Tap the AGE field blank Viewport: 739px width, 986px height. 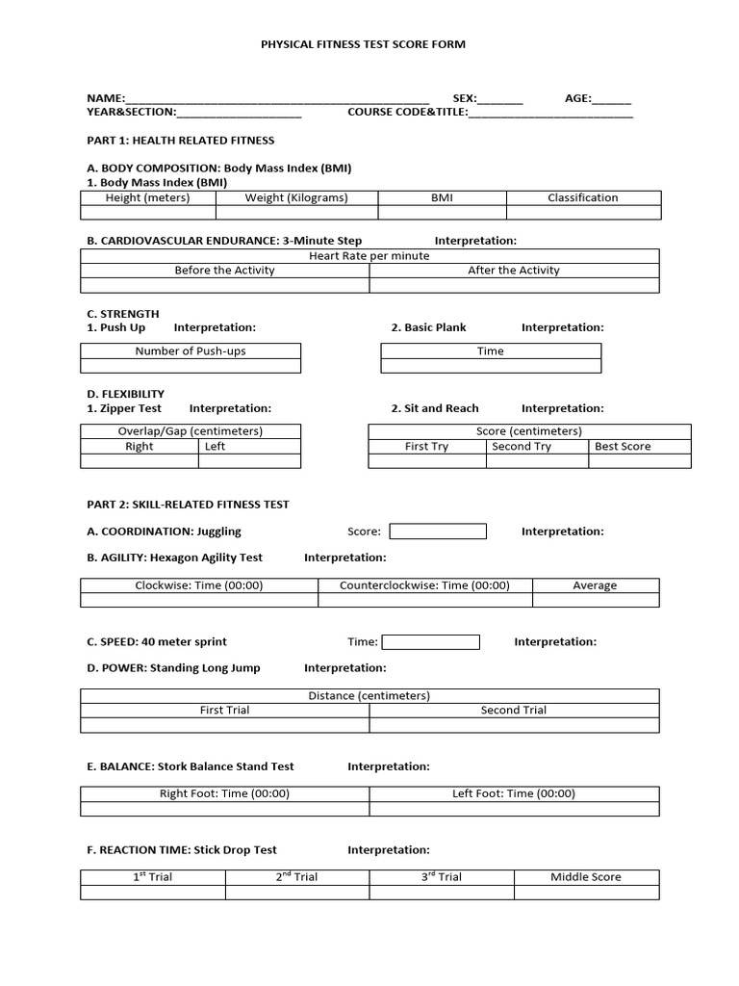[612, 99]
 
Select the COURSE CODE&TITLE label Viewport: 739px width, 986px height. [407, 112]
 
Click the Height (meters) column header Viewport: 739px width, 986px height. [147, 197]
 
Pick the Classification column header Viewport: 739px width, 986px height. [583, 197]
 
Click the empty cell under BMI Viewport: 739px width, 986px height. [442, 213]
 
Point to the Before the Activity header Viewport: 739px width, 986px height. [224, 271]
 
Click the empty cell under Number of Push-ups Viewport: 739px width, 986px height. [190, 366]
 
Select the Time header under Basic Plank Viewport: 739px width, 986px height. [491, 351]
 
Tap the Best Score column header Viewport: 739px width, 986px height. [623, 447]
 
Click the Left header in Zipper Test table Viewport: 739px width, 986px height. [215, 447]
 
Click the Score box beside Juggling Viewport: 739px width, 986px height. [437, 532]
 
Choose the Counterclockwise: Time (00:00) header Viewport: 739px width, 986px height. [424, 585]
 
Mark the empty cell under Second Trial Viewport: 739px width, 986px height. [514, 725]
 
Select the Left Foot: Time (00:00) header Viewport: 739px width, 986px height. [514, 794]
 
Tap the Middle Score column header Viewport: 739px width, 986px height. [586, 877]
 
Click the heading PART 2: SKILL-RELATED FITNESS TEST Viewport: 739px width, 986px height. [188, 505]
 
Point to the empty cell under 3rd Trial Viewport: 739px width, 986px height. [442, 893]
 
